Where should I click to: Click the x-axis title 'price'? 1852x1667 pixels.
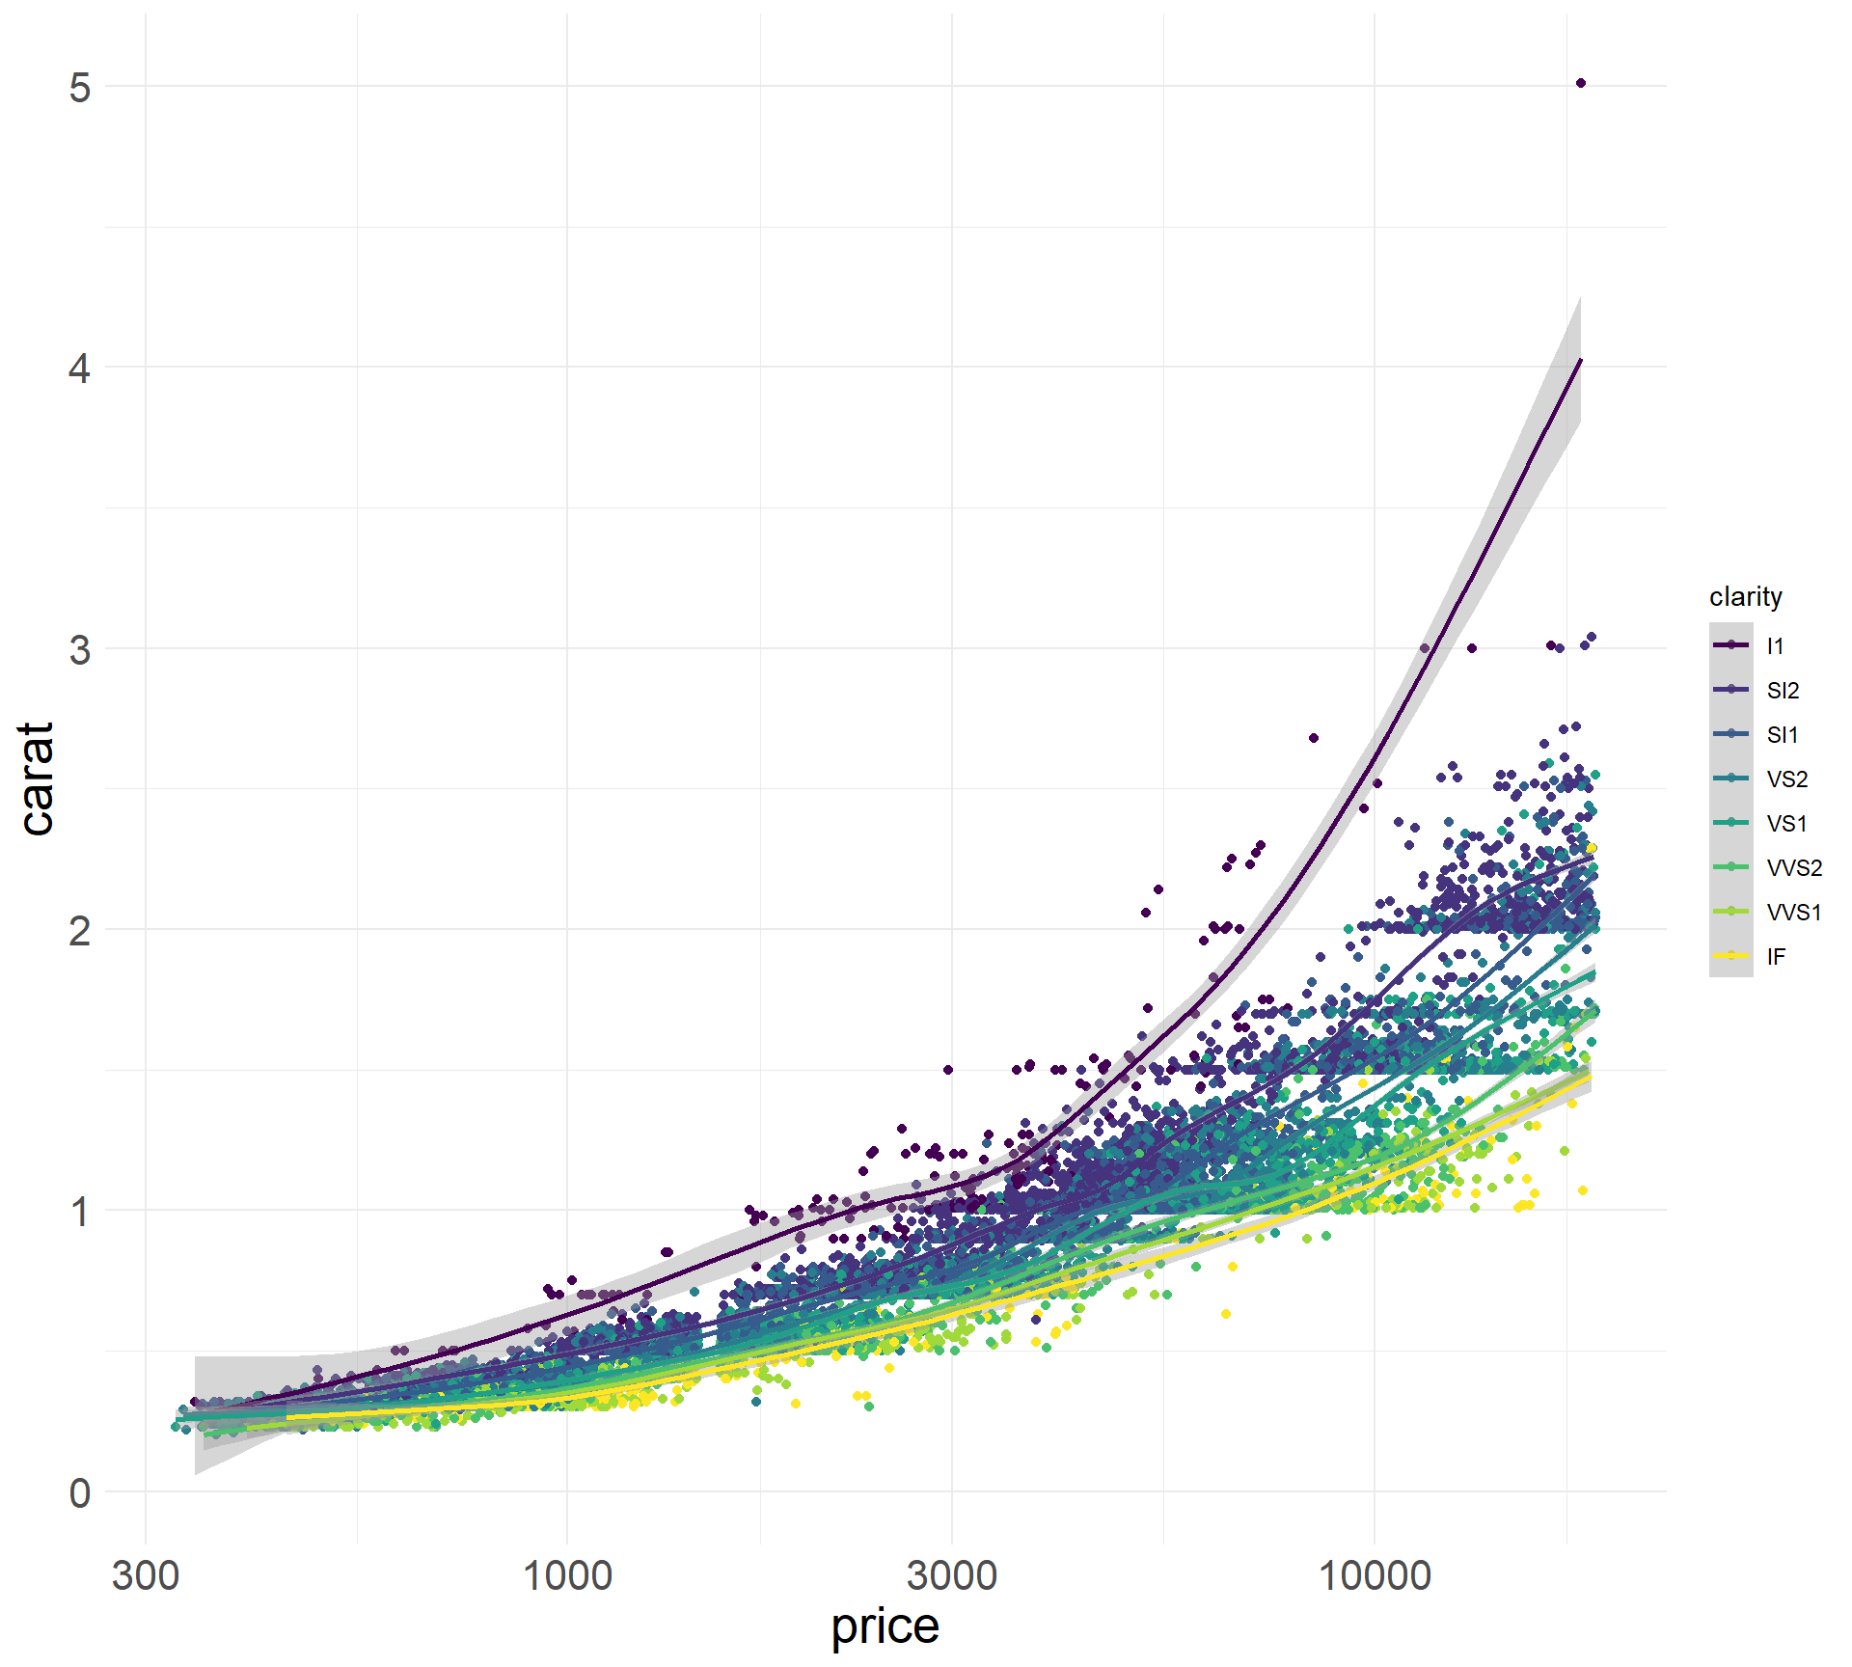coord(885,1626)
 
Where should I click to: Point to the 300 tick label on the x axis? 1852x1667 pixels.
coord(146,1576)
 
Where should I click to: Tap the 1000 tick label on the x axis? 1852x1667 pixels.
coord(566,1576)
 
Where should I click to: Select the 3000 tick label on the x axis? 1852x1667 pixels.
coord(951,1576)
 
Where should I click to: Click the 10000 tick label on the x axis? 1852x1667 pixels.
coord(1374,1576)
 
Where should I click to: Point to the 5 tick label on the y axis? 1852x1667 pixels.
coord(80,88)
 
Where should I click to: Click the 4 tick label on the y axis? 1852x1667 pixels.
coord(80,369)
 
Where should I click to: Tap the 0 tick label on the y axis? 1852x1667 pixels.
coord(80,1492)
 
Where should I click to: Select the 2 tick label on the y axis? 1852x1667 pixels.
coord(80,931)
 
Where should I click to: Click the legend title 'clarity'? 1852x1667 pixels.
coord(1745,597)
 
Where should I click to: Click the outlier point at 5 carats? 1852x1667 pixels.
coord(1580,84)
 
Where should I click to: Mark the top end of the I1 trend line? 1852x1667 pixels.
coord(1580,360)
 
